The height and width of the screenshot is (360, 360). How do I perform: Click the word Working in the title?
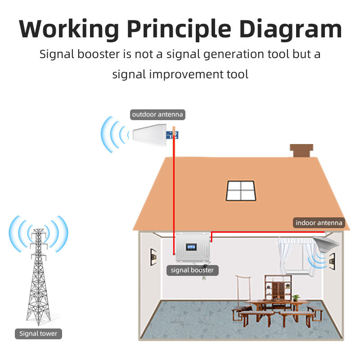point(68,28)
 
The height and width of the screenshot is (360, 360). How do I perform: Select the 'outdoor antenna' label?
point(157,114)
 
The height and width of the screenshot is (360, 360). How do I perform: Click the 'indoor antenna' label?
point(319,223)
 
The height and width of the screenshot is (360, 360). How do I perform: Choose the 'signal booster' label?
point(193,270)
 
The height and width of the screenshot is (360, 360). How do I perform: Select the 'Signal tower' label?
point(38,333)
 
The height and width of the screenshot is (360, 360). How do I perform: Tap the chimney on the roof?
point(301,151)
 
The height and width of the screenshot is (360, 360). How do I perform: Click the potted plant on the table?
point(296,297)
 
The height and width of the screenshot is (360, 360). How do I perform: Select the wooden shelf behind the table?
point(275,288)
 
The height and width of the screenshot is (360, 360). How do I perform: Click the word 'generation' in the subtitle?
point(207,54)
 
